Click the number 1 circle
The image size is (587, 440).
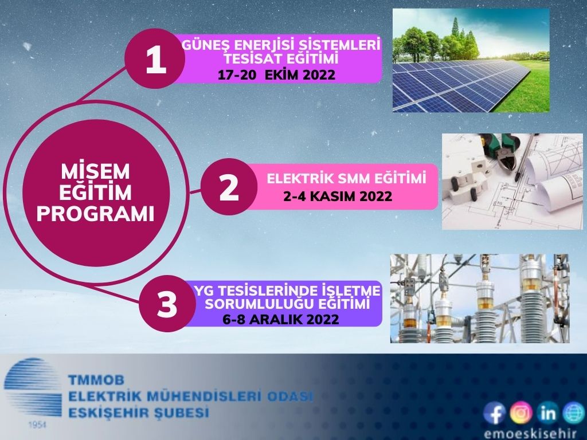pyautogui.click(x=155, y=59)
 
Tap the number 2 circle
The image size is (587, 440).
pyautogui.click(x=229, y=187)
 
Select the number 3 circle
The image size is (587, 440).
pyautogui.click(x=167, y=304)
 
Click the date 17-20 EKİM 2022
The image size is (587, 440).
pyautogui.click(x=276, y=75)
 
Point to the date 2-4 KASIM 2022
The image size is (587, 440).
pyautogui.click(x=337, y=196)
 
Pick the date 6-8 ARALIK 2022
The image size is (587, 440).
pyautogui.click(x=281, y=320)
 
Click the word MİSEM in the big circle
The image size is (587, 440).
pyautogui.click(x=96, y=172)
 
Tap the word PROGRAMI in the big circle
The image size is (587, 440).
pyautogui.click(x=96, y=214)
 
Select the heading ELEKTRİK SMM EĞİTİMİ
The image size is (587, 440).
pyautogui.click(x=346, y=179)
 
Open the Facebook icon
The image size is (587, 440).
pyautogui.click(x=495, y=412)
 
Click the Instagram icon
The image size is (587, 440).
pyautogui.click(x=521, y=412)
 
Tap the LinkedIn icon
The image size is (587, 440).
pyautogui.click(x=547, y=412)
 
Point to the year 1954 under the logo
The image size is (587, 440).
pyautogui.click(x=37, y=425)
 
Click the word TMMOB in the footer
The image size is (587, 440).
pyautogui.click(x=96, y=380)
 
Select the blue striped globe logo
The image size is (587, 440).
pyautogui.click(x=33, y=388)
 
